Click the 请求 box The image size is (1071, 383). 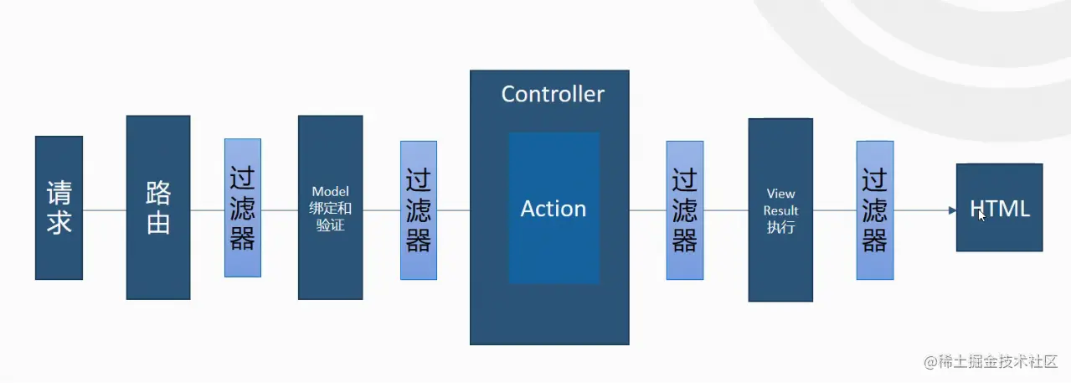[59, 208]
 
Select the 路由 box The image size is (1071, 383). [158, 207]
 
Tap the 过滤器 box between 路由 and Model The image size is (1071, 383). [243, 208]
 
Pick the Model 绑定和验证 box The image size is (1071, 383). [330, 208]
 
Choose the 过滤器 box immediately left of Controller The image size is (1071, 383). [419, 210]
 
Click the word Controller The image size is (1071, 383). [553, 94]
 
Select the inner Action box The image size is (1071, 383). [554, 208]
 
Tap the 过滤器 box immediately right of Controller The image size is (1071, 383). [685, 210]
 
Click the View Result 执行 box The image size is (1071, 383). [780, 210]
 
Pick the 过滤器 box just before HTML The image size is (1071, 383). [875, 210]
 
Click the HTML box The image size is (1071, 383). [1000, 208]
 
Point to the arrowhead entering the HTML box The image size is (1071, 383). [952, 210]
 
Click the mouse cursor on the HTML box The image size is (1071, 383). [982, 215]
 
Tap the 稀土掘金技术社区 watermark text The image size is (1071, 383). [996, 361]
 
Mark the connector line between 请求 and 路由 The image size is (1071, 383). [105, 210]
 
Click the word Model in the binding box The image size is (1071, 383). [330, 192]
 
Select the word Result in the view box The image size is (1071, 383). [780, 210]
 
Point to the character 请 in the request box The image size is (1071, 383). [59, 194]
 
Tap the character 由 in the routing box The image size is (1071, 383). [158, 223]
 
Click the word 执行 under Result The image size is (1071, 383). [780, 227]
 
